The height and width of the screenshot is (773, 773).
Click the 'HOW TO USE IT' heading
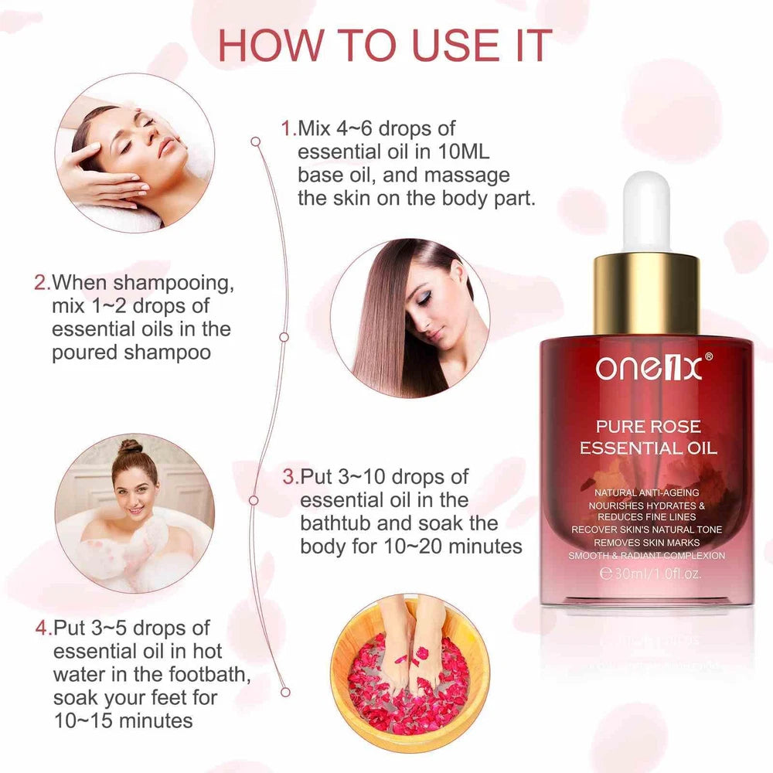coord(385,46)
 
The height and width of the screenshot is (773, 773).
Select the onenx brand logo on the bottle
coord(648,369)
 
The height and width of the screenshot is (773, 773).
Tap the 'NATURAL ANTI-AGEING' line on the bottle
coord(646,492)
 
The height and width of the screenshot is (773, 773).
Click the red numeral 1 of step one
coord(288,128)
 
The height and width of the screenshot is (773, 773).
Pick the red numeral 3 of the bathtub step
coord(289,477)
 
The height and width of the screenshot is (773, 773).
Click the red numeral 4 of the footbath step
coord(43,628)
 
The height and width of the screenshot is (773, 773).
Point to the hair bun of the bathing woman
coord(131,448)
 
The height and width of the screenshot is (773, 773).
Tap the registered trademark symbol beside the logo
coord(709,356)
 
